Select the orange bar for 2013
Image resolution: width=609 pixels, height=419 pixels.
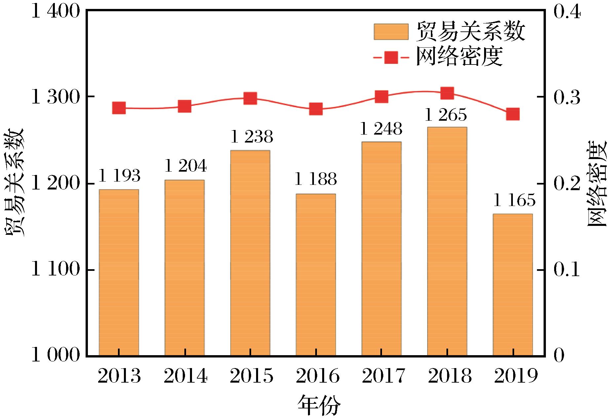[119, 272]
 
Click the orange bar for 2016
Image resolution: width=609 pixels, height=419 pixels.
[316, 274]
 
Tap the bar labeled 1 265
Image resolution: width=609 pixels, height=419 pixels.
[447, 241]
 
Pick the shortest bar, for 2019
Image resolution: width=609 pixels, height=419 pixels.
[513, 285]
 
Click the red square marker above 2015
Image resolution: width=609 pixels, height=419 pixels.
[250, 98]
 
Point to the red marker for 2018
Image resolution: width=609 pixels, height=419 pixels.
[447, 93]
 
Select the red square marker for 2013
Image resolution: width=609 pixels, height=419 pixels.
[119, 108]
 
